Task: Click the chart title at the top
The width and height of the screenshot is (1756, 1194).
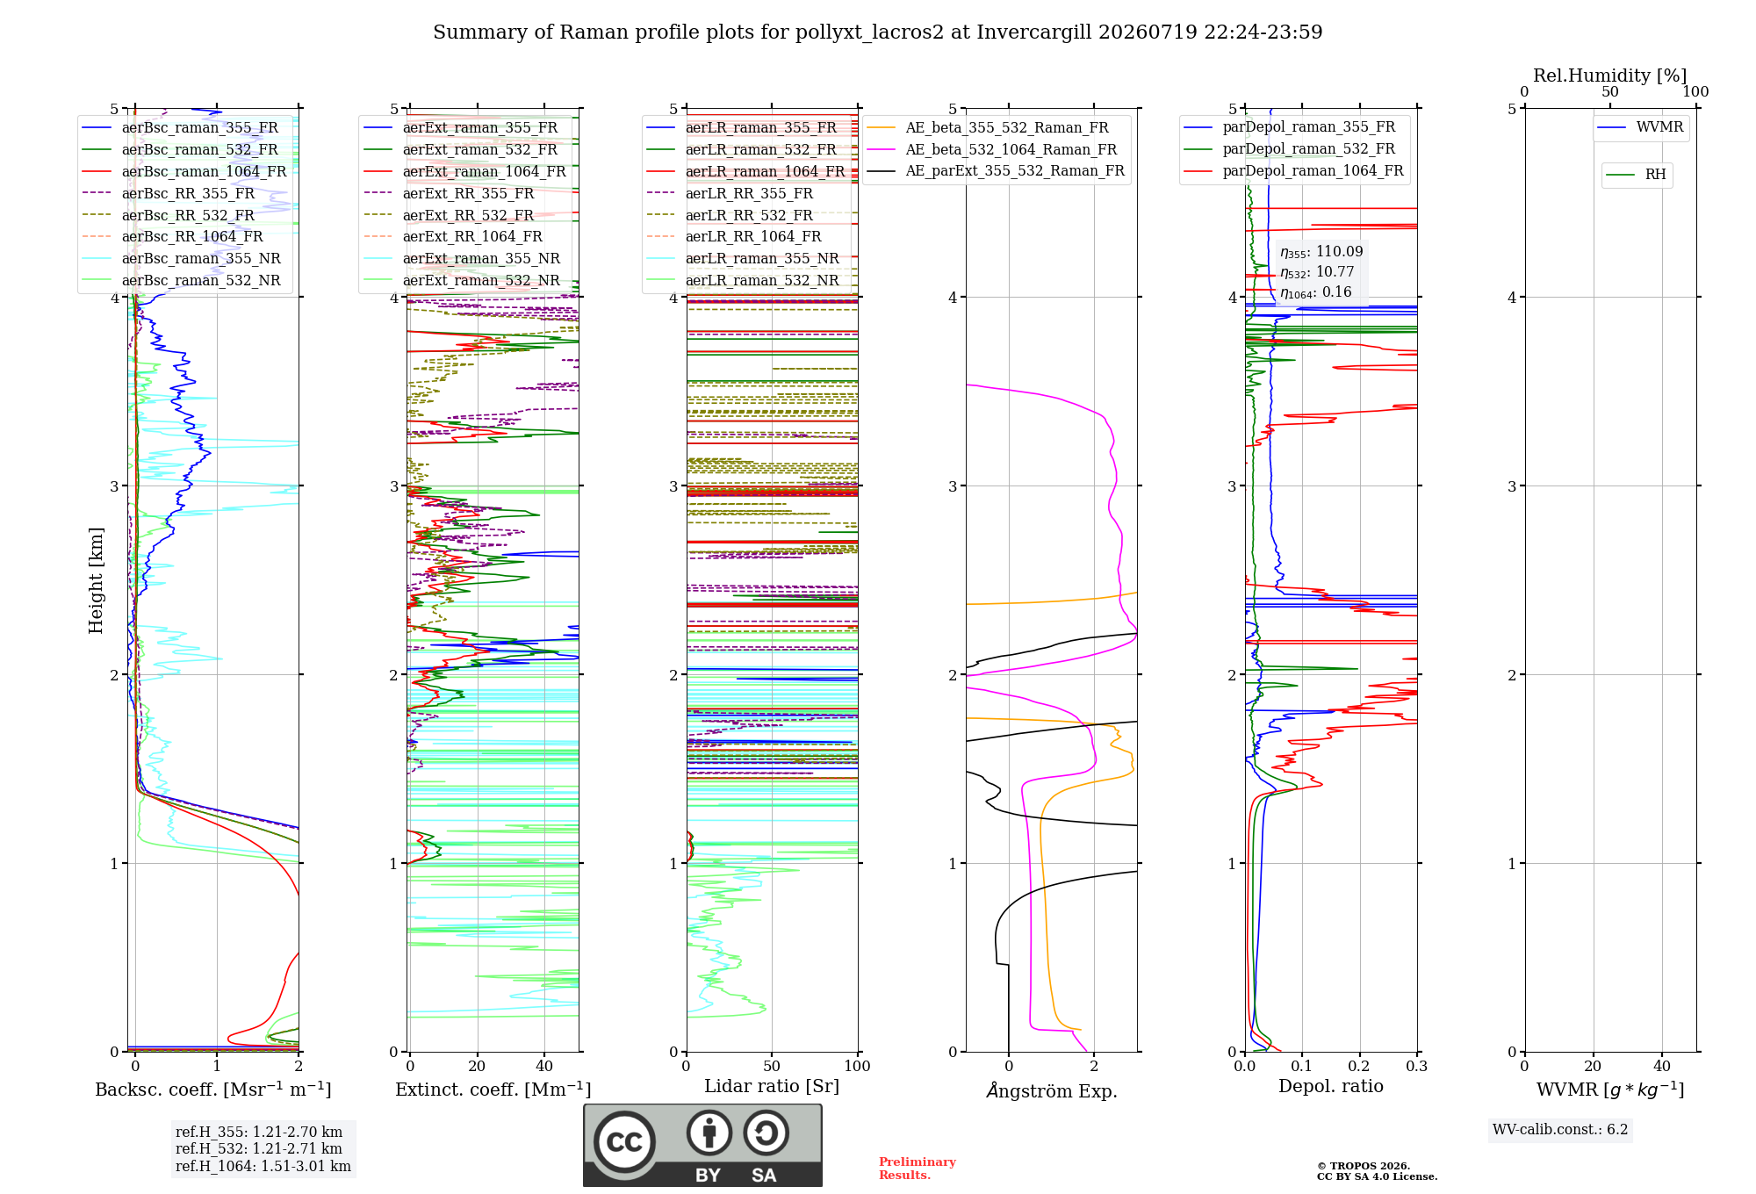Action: pyautogui.click(x=877, y=32)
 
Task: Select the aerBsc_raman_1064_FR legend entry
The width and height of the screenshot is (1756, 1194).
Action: pyautogui.click(x=184, y=171)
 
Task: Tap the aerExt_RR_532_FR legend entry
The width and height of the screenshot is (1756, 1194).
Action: pyautogui.click(x=450, y=215)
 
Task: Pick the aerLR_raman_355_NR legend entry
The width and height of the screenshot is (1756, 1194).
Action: pyautogui.click(x=743, y=258)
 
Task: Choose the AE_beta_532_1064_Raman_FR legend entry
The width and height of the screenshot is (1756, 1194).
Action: pyautogui.click(x=992, y=149)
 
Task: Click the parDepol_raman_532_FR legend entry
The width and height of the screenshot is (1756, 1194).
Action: pyautogui.click(x=1290, y=149)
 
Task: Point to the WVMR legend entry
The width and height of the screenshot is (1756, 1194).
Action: pyautogui.click(x=1641, y=127)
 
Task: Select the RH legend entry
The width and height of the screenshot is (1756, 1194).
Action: pyautogui.click(x=1637, y=175)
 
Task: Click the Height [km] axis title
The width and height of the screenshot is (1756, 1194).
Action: pyautogui.click(x=96, y=580)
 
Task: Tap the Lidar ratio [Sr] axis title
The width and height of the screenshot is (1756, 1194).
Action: pyautogui.click(x=772, y=1086)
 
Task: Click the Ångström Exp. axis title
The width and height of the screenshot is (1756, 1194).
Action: pyautogui.click(x=1052, y=1090)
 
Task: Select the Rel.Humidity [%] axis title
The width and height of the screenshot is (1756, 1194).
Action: pyautogui.click(x=1610, y=76)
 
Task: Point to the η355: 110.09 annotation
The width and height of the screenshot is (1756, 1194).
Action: pyautogui.click(x=1321, y=252)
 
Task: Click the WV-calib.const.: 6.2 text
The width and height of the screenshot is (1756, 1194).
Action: pyautogui.click(x=1560, y=1130)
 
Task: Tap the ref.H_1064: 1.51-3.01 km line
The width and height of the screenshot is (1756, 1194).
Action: pyautogui.click(x=263, y=1167)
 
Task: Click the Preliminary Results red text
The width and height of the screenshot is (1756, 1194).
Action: pyautogui.click(x=918, y=1169)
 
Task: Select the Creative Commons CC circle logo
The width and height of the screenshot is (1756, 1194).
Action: pyautogui.click(x=624, y=1142)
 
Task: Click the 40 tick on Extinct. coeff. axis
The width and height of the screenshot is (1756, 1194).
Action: pyautogui.click(x=544, y=1066)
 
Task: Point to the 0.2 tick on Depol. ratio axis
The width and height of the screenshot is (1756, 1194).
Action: pyautogui.click(x=1359, y=1066)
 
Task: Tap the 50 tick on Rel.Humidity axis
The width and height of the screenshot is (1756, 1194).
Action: pyautogui.click(x=1610, y=92)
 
